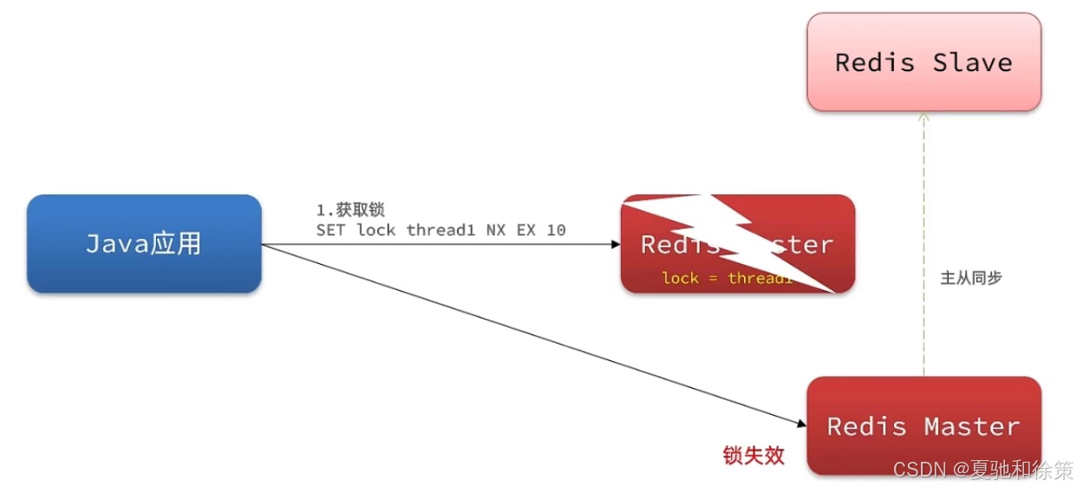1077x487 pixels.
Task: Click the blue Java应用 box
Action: point(144,243)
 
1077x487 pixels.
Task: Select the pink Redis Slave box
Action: point(924,62)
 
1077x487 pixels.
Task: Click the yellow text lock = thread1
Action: point(727,278)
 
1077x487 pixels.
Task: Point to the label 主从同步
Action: point(971,279)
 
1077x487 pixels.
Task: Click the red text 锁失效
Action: point(754,455)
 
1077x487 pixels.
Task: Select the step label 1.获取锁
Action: point(350,210)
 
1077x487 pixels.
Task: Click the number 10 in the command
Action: point(556,230)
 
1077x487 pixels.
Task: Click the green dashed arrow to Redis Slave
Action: point(924,243)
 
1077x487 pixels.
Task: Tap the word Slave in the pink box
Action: point(972,63)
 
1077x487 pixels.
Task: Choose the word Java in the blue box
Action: point(117,244)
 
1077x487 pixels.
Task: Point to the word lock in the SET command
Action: point(376,230)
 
